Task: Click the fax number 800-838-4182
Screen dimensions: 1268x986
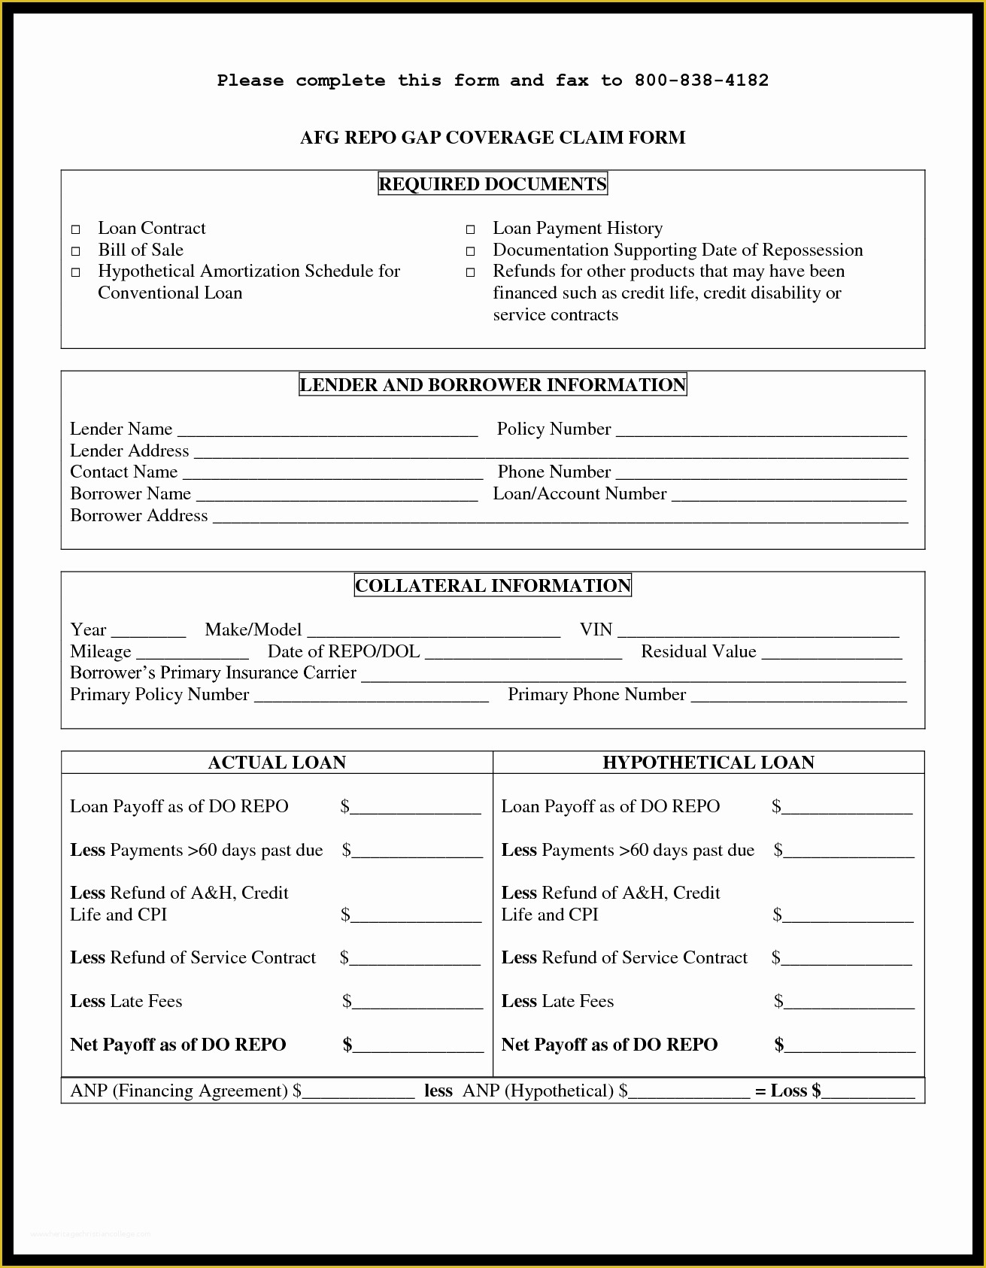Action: coord(701,80)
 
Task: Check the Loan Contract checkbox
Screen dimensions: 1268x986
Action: coord(75,229)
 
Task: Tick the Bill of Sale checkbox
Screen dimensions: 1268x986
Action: coord(75,251)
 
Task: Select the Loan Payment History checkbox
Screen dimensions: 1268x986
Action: coord(470,229)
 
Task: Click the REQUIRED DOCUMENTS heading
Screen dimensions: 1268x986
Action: coord(493,184)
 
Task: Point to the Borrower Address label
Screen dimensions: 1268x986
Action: coord(138,516)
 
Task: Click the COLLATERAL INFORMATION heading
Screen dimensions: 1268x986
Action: coord(493,586)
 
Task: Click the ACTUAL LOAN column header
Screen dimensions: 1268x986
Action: coord(277,763)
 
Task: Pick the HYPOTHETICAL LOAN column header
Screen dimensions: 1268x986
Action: coord(708,763)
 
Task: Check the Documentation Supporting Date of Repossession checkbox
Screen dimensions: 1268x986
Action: coord(470,251)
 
